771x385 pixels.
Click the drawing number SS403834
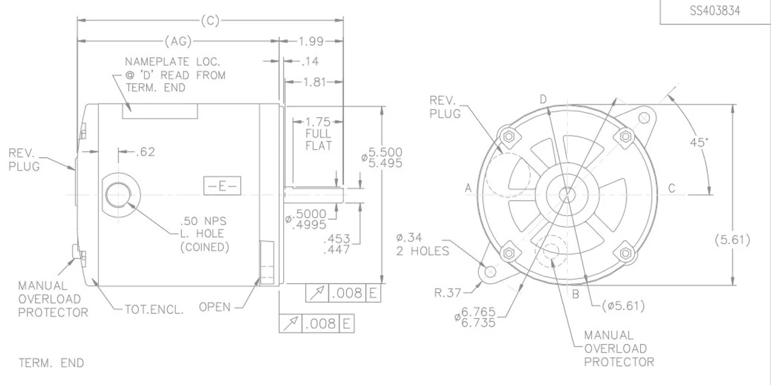point(715,11)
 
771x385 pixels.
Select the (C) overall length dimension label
point(210,21)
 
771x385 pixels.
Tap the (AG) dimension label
point(178,42)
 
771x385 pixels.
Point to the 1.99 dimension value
point(311,42)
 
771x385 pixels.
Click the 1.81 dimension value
point(313,81)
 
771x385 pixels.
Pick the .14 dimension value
point(311,61)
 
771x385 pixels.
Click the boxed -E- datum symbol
point(222,186)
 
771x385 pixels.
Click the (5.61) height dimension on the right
point(732,240)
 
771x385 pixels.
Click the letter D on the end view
point(543,99)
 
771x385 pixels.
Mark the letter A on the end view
point(468,189)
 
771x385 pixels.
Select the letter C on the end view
point(672,189)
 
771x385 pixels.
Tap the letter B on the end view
point(575,295)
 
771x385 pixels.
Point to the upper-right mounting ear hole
point(644,117)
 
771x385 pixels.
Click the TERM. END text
point(51,363)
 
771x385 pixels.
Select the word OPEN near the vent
point(215,307)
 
